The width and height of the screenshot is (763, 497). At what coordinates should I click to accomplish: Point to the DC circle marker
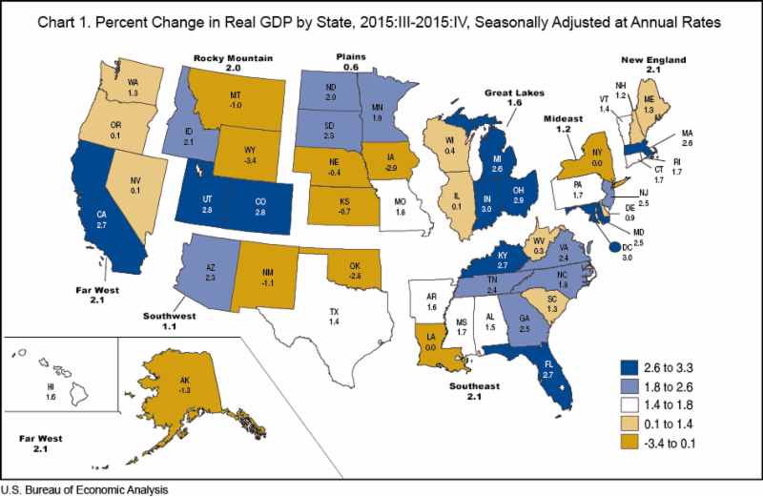pyautogui.click(x=613, y=246)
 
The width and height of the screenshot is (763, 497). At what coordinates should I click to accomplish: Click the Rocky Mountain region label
pyautogui.click(x=234, y=59)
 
